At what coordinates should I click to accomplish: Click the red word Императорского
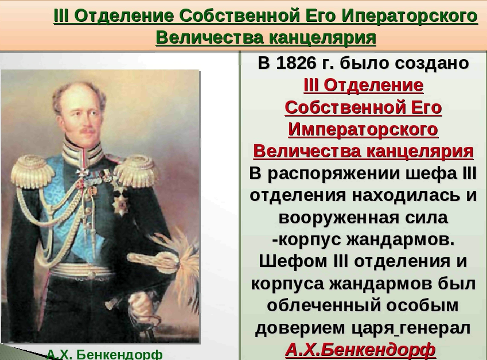[x=363, y=129]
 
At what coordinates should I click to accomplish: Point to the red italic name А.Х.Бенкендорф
[x=360, y=350]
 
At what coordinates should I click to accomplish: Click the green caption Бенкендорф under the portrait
[x=119, y=354]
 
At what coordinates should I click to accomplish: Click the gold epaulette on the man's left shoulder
[x=136, y=171]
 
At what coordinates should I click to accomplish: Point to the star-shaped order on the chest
[x=120, y=202]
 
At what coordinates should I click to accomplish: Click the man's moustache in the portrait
[x=87, y=131]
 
